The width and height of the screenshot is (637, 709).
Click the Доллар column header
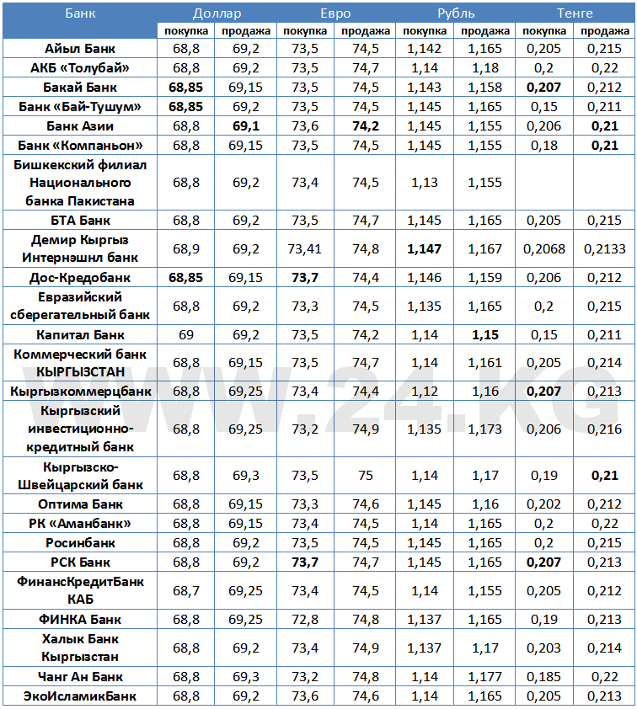coord(217,13)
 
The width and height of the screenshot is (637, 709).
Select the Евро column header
coord(335,13)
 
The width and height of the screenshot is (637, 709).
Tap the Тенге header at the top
coord(575,13)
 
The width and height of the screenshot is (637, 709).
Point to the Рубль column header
coord(456,13)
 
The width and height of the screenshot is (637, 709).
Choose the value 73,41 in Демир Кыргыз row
coord(305,249)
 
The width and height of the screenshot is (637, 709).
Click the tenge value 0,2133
coord(604,249)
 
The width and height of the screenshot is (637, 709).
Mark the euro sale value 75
coord(365,476)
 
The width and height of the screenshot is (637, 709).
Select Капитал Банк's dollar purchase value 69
coord(186,335)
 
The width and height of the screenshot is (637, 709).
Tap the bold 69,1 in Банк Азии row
coord(246,125)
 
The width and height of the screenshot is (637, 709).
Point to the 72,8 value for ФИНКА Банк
coord(305,620)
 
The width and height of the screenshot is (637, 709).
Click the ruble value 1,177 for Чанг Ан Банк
coord(484,677)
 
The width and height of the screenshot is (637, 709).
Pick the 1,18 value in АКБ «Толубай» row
coord(484,68)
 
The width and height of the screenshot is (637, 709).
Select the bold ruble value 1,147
coord(424,249)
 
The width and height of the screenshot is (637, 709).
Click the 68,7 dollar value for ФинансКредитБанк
coord(186,591)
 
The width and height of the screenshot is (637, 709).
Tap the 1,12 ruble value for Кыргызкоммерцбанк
coord(424,392)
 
